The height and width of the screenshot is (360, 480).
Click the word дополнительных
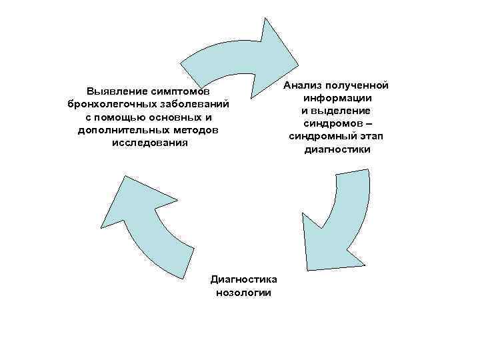119,129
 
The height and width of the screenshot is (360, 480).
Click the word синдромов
332,123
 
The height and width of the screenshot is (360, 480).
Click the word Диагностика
244,279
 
